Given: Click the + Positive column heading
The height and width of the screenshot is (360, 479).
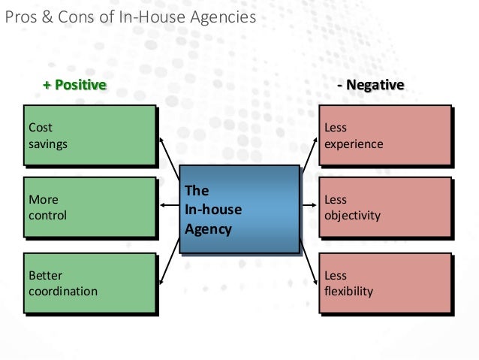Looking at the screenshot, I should (74, 85).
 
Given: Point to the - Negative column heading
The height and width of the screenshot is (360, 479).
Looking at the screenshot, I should (371, 85).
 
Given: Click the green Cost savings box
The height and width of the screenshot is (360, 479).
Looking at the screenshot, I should (89, 135).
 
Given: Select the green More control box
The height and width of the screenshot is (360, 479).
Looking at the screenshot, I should (89, 207).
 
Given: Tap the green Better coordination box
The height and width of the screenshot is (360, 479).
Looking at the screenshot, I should (89, 283).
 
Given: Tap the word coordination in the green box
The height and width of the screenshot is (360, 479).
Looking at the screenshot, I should (62, 291).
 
